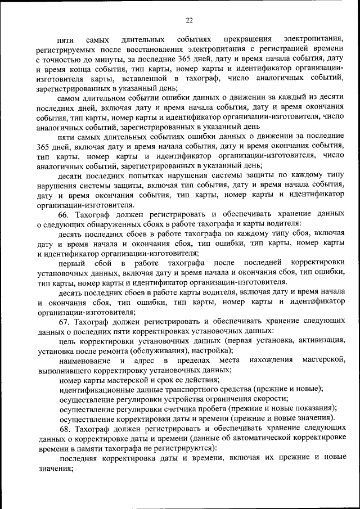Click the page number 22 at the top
(189, 20)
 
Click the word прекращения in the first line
(247, 40)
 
